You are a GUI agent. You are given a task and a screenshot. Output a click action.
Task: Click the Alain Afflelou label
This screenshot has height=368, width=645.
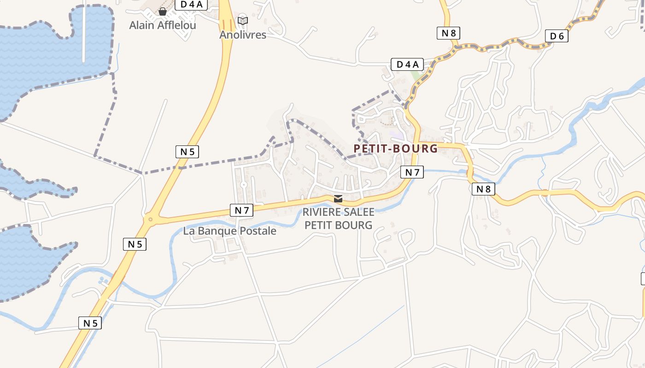[162, 25]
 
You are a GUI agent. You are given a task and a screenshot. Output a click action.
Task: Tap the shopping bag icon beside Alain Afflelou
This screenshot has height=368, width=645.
[162, 11]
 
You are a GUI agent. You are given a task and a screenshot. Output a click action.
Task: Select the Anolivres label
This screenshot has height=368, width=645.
[243, 34]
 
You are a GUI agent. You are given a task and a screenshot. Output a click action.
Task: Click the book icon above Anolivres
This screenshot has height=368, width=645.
[243, 21]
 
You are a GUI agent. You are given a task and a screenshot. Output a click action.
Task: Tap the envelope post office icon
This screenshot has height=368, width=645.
[338, 199]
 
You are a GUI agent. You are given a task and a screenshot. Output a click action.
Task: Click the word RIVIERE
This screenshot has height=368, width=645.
[322, 212]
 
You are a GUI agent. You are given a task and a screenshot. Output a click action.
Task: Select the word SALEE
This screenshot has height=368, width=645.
[359, 212]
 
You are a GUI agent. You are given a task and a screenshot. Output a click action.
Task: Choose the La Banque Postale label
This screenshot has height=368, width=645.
[229, 231]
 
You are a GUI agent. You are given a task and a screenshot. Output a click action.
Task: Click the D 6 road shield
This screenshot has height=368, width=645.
[557, 36]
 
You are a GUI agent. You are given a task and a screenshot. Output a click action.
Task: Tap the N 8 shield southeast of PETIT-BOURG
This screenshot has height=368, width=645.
[483, 189]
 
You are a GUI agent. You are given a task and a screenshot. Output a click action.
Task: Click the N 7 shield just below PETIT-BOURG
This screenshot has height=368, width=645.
[412, 172]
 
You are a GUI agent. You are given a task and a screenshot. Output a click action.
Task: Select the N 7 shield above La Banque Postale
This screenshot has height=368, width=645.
[241, 210]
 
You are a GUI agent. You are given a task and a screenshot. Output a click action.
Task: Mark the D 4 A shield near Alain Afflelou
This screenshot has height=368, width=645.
[191, 4]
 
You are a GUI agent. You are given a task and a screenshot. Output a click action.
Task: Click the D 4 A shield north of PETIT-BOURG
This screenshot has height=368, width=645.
[407, 64]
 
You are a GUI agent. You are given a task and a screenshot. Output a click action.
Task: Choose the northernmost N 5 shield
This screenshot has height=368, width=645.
[187, 152]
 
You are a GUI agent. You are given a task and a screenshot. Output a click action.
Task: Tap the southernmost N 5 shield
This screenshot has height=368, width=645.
[90, 323]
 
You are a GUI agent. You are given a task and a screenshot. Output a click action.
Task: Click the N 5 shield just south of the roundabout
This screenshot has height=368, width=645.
[135, 244]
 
